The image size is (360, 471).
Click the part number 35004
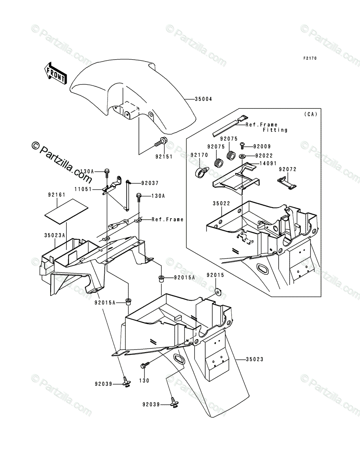(x=204, y=99)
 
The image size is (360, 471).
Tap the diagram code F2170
(x=309, y=58)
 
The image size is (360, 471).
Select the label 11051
(x=83, y=189)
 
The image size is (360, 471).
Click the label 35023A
(x=55, y=236)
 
